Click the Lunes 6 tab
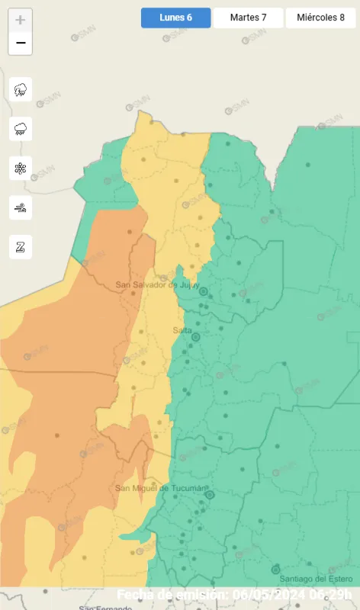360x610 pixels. (x=175, y=18)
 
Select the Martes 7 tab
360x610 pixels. (x=248, y=18)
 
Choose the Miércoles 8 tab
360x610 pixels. (x=320, y=18)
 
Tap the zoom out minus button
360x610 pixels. (x=21, y=43)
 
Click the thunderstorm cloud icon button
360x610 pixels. (x=21, y=89)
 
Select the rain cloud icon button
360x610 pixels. (x=21, y=129)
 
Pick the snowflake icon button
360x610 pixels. (x=21, y=169)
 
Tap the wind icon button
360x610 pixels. (x=21, y=207)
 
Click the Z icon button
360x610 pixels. (x=21, y=247)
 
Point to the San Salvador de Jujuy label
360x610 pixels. (x=156, y=285)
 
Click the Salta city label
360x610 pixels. (x=182, y=330)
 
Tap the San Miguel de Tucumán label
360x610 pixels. (x=161, y=488)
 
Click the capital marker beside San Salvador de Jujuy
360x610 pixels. (x=204, y=291)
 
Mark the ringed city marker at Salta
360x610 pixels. (x=195, y=336)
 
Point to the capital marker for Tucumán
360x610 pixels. (x=210, y=494)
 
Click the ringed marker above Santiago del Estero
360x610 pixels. (x=275, y=570)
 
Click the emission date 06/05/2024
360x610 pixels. (x=272, y=594)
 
